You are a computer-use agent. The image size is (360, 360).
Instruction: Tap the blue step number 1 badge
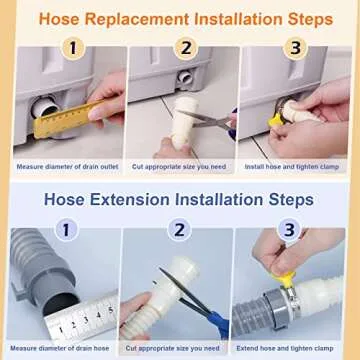click(x=67, y=230)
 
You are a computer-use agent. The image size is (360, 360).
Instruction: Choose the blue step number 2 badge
click(x=180, y=230)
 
